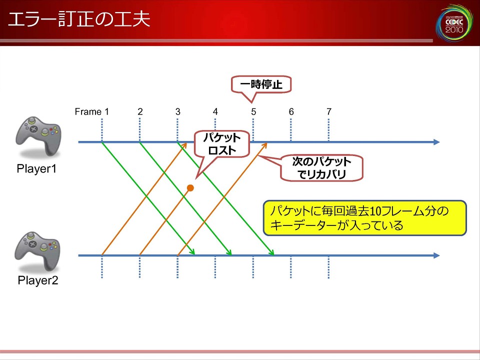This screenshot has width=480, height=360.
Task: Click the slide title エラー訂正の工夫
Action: tap(79, 19)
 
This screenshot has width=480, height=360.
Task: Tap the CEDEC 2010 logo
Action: tap(454, 22)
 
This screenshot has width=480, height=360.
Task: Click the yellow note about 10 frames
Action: tap(364, 218)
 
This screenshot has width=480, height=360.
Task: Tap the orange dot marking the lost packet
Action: tap(190, 188)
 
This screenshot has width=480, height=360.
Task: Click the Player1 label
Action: tap(36, 168)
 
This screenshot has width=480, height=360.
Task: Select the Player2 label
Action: tap(38, 280)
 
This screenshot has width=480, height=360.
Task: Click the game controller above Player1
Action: tap(38, 136)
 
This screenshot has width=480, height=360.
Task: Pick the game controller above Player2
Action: tap(37, 251)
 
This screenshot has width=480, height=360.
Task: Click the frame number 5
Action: tap(253, 111)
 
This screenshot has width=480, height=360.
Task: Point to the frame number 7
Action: tap(329, 111)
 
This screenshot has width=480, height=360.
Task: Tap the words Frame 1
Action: tap(92, 111)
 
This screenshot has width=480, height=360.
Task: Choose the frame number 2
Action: tap(140, 111)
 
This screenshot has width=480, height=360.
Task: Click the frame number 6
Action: tap(291, 111)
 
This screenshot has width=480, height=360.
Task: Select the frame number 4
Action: tap(215, 111)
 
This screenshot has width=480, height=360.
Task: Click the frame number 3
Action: tap(178, 111)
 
